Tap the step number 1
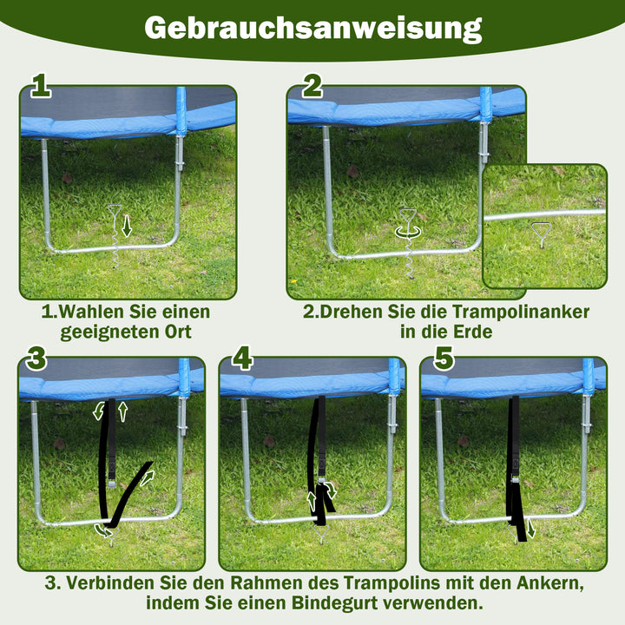click(41, 87)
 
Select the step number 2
click(312, 87)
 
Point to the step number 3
click(36, 358)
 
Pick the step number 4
click(242, 358)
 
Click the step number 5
click(444, 358)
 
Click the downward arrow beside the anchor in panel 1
click(127, 227)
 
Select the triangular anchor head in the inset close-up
click(541, 232)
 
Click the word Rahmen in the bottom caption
click(268, 582)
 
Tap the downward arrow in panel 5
click(531, 529)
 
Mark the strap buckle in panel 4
click(323, 490)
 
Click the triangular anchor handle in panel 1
click(115, 211)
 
